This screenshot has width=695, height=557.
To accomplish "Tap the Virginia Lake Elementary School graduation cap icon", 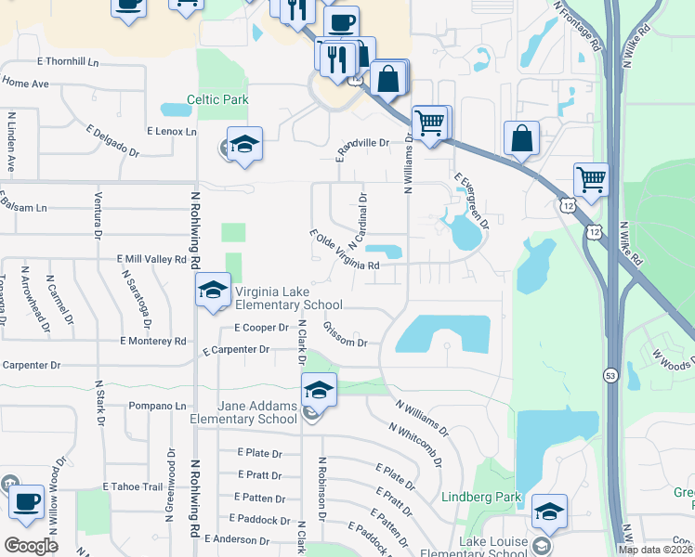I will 213,291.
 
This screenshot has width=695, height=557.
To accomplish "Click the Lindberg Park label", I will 481,498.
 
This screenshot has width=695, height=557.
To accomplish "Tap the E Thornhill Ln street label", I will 68,61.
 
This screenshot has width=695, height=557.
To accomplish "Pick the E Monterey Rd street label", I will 152,341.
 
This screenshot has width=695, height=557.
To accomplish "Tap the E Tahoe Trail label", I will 133,486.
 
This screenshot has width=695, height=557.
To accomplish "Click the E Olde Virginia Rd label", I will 345,252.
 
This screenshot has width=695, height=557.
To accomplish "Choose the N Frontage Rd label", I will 576,25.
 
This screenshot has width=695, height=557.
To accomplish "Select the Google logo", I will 31,546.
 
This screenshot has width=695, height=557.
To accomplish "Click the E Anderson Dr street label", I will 241,538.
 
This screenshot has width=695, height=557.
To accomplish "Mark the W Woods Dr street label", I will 672,359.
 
